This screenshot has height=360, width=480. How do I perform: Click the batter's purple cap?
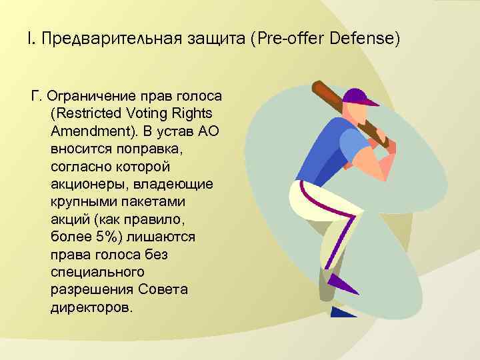tap(360, 98)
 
